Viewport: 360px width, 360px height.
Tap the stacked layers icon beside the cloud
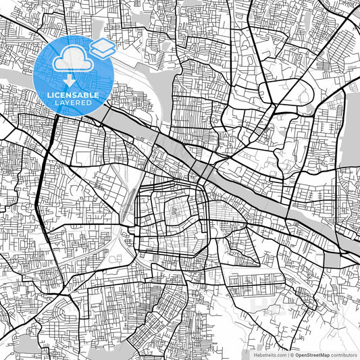point(103,47)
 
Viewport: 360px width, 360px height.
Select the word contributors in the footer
point(344,355)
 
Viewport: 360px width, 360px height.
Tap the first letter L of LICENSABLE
point(48,95)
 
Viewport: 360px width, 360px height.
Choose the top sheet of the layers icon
point(103,43)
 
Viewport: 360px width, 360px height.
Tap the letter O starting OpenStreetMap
point(297,355)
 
